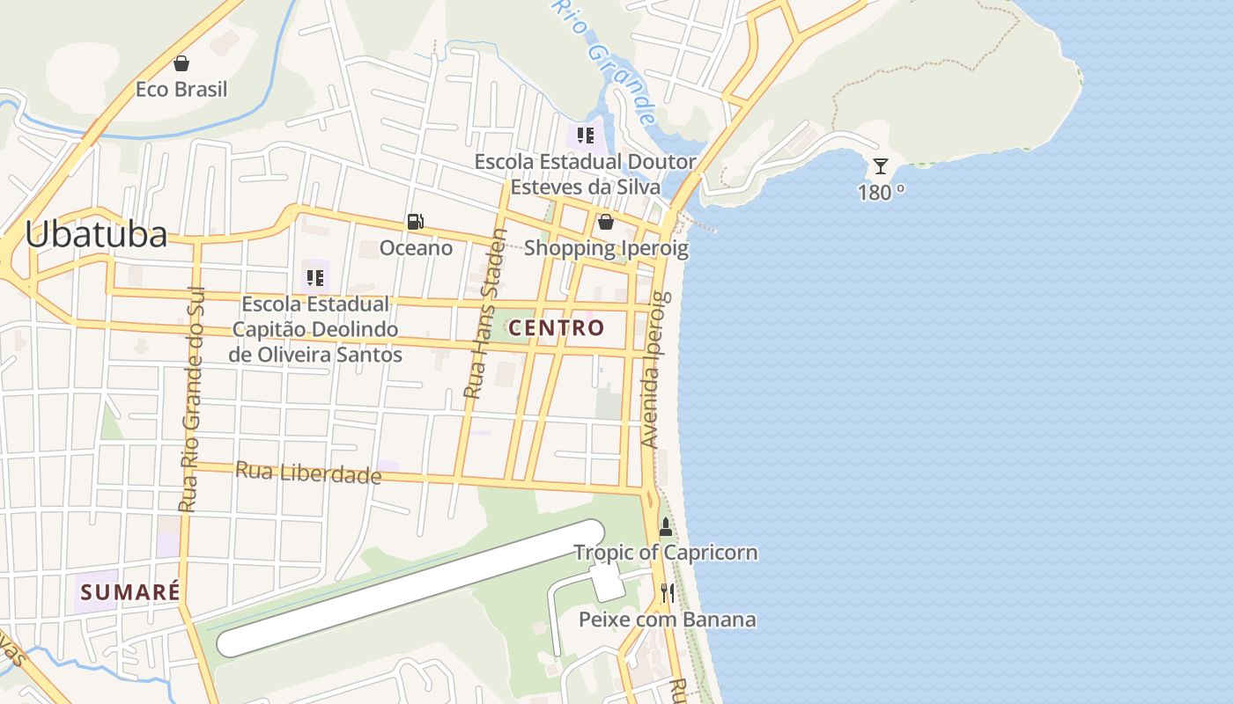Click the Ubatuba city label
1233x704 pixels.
pos(95,234)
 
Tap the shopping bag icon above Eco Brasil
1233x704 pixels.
pos(181,63)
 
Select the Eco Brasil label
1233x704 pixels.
pos(181,89)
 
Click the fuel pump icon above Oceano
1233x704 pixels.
pos(415,222)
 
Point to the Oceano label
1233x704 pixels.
pos(416,248)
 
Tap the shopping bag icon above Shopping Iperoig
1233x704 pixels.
pos(606,222)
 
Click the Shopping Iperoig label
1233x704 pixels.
pos(606,248)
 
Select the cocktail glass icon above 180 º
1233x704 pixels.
pos(880,165)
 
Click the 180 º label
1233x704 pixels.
pos(881,193)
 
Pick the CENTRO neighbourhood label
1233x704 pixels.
pos(557,328)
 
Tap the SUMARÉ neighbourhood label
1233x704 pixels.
pos(129,591)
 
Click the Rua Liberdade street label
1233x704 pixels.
pos(308,473)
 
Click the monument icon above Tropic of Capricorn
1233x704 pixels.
pos(665,527)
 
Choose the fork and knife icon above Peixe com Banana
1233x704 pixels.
pos(667,593)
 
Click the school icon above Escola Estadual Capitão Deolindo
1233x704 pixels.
pos(314,278)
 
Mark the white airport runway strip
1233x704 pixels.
pos(410,588)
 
